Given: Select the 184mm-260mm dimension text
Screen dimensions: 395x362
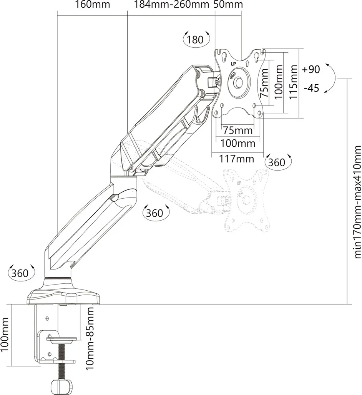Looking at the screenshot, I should pyautogui.click(x=171, y=5).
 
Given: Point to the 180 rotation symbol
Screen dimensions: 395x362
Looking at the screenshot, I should pyautogui.click(x=195, y=40).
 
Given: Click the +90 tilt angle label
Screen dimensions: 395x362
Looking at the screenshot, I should pyautogui.click(x=311, y=70).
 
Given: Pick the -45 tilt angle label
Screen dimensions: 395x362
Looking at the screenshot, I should pyautogui.click(x=311, y=88).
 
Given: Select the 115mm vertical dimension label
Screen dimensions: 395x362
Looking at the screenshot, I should pyautogui.click(x=294, y=82).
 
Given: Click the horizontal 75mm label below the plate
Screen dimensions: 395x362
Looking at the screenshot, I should pyautogui.click(x=238, y=130).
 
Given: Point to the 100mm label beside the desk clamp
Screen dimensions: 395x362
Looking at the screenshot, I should pyautogui.click(x=5, y=335).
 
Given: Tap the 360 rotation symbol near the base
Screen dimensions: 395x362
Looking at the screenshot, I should pyautogui.click(x=20, y=273).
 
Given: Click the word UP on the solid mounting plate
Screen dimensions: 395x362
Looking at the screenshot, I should pyautogui.click(x=233, y=64).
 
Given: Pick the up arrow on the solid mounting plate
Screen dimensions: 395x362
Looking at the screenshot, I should pyautogui.click(x=247, y=63).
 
